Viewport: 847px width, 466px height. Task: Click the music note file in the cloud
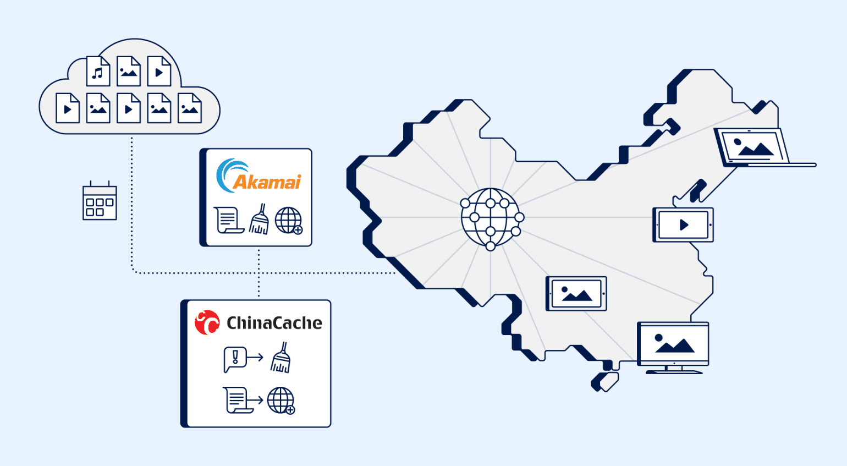click(x=98, y=72)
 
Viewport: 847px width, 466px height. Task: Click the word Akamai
click(x=268, y=182)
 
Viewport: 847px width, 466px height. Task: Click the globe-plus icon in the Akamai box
click(x=289, y=221)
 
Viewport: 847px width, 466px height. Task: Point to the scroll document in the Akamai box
click(x=228, y=220)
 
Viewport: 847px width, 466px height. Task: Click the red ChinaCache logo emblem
click(x=207, y=322)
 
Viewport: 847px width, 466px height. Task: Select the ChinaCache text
click(x=274, y=323)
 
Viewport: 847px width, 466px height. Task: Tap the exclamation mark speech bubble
click(x=234, y=359)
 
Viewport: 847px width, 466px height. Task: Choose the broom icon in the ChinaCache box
click(x=281, y=358)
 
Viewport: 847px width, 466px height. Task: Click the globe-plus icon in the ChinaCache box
click(x=281, y=401)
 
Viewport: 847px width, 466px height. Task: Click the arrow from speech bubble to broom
click(x=255, y=358)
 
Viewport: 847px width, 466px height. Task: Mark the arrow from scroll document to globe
click(x=256, y=400)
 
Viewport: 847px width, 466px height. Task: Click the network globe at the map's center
click(x=491, y=218)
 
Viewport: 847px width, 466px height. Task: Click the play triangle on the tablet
click(x=684, y=224)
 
